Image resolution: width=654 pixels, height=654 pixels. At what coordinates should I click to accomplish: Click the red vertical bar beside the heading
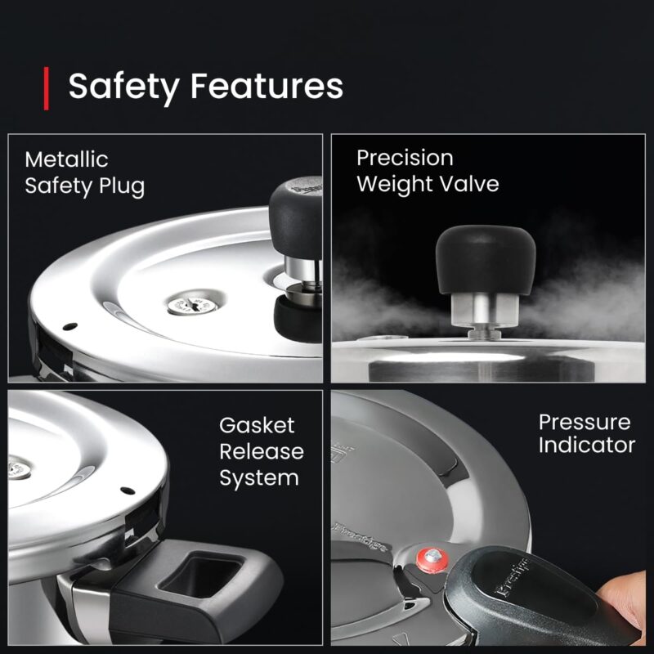coord(46,88)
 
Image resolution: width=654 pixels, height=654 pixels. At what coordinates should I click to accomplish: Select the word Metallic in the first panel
coord(66,159)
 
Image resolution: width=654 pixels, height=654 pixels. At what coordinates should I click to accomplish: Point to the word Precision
coord(405,157)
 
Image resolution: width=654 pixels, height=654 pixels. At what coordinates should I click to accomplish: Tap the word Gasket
coord(257,426)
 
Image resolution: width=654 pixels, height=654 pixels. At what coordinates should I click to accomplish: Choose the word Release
coord(261,451)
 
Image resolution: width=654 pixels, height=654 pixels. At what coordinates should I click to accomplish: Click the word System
coord(259,477)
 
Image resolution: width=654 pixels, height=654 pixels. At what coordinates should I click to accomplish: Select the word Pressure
coord(585,423)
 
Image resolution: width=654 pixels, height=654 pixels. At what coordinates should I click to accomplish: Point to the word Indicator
coord(586,446)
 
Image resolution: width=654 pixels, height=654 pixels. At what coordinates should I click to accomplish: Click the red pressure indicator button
coord(427,561)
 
